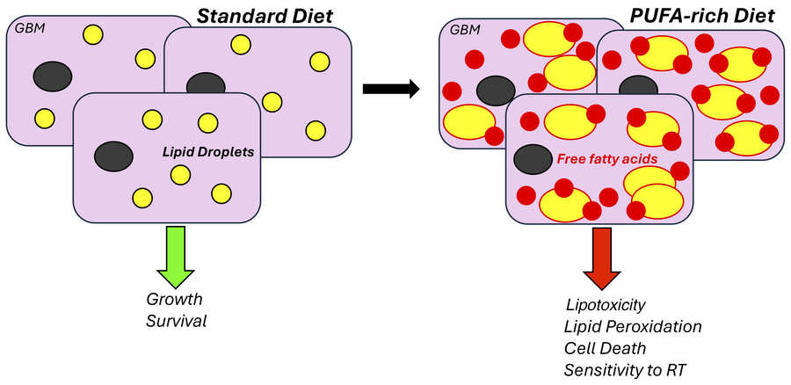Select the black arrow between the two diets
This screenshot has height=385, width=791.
point(388,89)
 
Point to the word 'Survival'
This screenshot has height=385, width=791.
point(177,321)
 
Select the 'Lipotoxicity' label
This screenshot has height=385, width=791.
point(605,305)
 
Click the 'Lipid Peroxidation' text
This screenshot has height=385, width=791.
point(633,327)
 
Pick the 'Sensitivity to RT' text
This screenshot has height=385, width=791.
point(625,369)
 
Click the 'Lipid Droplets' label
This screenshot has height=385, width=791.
point(208,152)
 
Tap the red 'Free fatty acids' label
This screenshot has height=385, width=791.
point(608,160)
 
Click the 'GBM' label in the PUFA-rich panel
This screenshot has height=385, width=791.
point(465,30)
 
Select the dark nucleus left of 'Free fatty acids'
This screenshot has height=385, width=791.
point(533,159)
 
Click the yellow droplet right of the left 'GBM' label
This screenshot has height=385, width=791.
point(91,34)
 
